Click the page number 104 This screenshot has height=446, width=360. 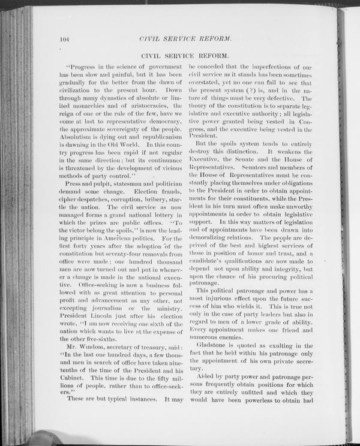pos(65,40)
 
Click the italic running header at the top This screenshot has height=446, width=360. pos(185,39)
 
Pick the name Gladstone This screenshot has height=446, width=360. pos(216,346)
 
